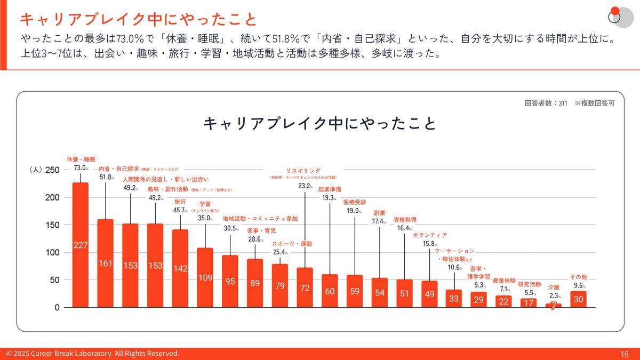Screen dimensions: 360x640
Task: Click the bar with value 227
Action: tap(81, 245)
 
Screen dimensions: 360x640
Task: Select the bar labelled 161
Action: tap(106, 263)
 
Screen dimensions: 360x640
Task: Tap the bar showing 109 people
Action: tap(205, 277)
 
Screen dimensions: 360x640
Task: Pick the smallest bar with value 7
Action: tap(554, 306)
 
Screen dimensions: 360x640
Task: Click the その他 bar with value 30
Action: tap(578, 299)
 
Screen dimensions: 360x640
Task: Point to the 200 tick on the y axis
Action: tap(52, 197)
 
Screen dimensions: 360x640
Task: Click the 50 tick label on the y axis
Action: tap(54, 280)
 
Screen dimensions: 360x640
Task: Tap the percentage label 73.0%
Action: tap(81, 168)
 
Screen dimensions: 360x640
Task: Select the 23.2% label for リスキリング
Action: tap(305, 186)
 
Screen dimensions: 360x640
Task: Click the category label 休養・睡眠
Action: tap(81, 159)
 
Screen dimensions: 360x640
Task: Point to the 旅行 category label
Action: tap(180, 202)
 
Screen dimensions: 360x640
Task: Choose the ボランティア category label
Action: tap(430, 235)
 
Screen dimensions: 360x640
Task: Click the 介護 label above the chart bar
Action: tap(554, 287)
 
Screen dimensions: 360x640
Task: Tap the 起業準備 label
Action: tap(330, 189)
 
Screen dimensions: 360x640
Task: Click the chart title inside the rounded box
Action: tap(320, 124)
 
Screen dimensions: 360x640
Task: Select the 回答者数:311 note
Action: tap(546, 103)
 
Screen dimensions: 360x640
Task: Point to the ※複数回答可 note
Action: tap(595, 103)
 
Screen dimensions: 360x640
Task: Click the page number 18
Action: tap(625, 354)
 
